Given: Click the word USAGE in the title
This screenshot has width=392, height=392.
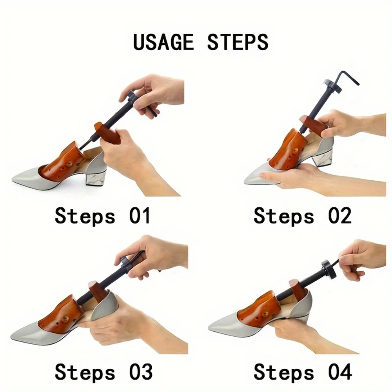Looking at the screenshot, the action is point(163,42).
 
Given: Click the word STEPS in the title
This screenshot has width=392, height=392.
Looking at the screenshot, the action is point(238,42).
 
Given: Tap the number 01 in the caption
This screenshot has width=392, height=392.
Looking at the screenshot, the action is point(140,216).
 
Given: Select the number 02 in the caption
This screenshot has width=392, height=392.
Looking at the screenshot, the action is point(340,216).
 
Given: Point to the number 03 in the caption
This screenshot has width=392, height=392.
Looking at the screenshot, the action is point(141,372).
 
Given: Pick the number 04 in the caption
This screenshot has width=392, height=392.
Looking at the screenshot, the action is point(340,372).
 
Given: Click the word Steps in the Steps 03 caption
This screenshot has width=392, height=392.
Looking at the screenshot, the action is point(85,373).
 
